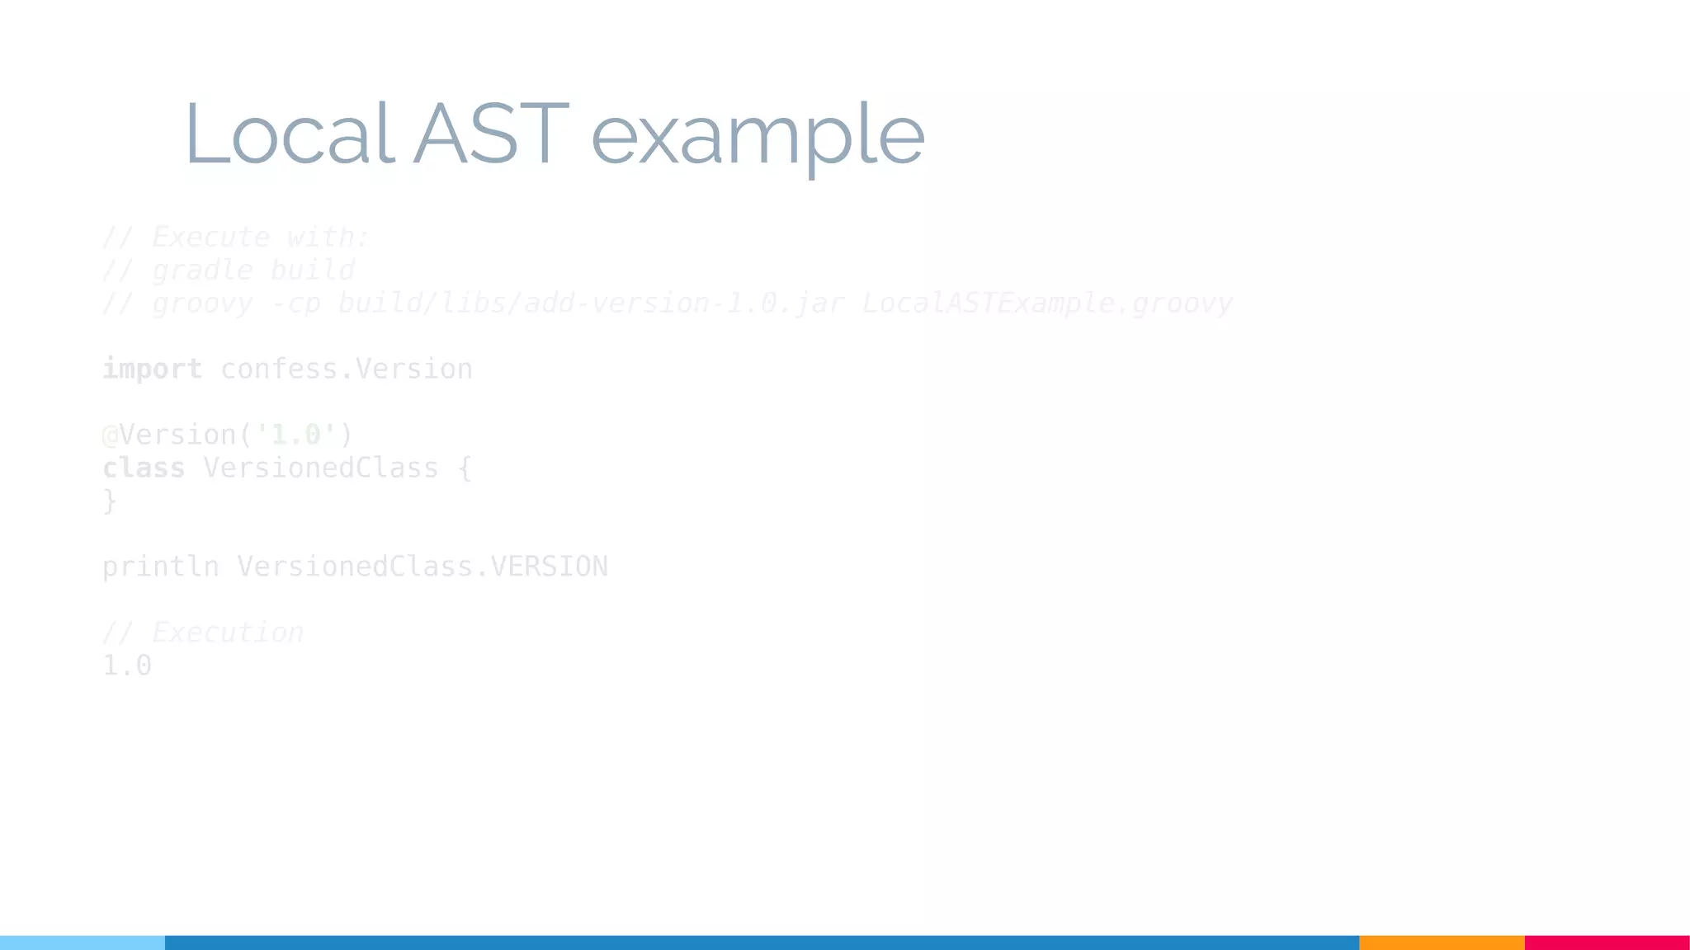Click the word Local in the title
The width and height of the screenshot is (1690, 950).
pos(289,134)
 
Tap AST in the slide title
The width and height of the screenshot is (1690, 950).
pos(491,134)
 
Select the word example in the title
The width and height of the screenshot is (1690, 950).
pos(758,136)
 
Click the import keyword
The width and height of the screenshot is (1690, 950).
pos(152,369)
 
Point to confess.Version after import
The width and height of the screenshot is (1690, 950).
pos(347,369)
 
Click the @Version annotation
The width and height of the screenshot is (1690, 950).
pos(170,435)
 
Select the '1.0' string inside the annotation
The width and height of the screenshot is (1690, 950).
pos(295,435)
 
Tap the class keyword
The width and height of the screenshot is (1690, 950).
pos(144,468)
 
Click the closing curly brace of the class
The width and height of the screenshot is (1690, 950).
pos(110,501)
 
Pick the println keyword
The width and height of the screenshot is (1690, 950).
pos(160,567)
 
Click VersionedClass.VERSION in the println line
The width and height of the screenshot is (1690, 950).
pos(422,567)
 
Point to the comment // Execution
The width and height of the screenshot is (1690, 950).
pos(202,633)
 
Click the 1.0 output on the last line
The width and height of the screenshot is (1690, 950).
pos(127,665)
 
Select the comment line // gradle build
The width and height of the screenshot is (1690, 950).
pos(228,270)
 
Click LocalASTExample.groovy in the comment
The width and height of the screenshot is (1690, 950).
pos(1046,303)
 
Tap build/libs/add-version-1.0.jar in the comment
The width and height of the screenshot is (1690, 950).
pos(591,303)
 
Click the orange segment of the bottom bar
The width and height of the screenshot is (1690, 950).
pos(1442,943)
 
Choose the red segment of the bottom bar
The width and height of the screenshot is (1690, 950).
pos(1607,943)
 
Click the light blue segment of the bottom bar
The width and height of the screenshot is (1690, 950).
pos(83,943)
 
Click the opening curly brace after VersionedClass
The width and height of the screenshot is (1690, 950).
pos(465,468)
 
